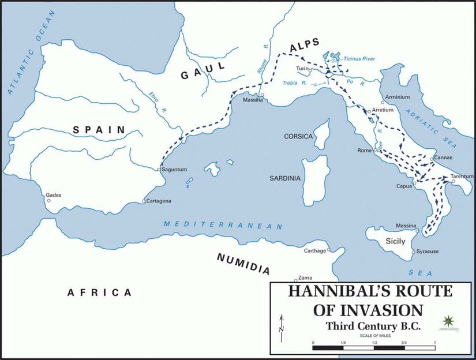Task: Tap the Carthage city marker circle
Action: point(329,250)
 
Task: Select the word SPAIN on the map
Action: point(99,130)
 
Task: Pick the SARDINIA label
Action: point(285,178)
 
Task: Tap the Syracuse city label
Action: point(428,252)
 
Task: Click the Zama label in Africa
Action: point(305,279)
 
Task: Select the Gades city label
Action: point(53,195)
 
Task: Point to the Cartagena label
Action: point(160,201)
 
